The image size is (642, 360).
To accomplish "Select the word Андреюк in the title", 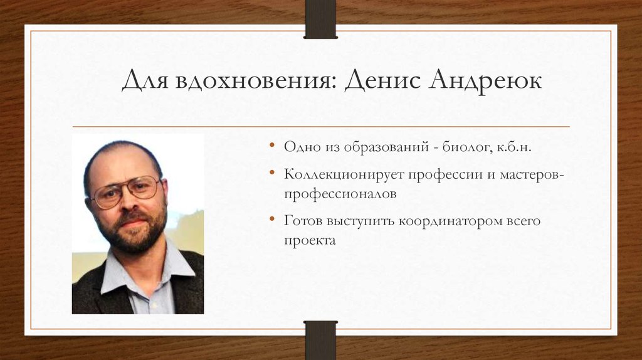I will [485, 82].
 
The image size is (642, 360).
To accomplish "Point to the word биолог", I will [465, 147].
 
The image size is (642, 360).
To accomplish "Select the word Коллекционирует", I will [343, 175].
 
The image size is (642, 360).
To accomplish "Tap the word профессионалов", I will [340, 194].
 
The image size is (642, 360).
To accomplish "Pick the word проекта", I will [310, 240].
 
